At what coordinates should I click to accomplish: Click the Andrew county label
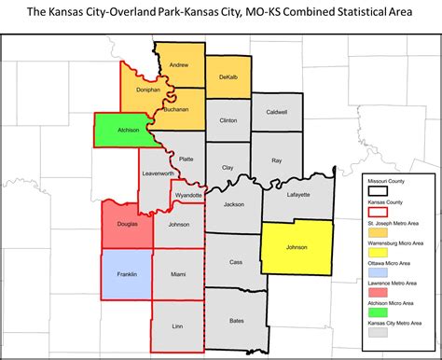point(178,64)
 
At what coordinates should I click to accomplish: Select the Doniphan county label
point(134,90)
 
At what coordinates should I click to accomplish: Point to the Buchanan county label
point(175,109)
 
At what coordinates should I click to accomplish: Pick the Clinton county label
point(228,121)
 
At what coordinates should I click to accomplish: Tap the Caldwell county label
point(277,113)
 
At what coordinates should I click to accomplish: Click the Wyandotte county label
point(188,195)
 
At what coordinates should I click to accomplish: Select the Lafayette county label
point(297,194)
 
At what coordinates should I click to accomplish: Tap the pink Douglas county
point(128,224)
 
